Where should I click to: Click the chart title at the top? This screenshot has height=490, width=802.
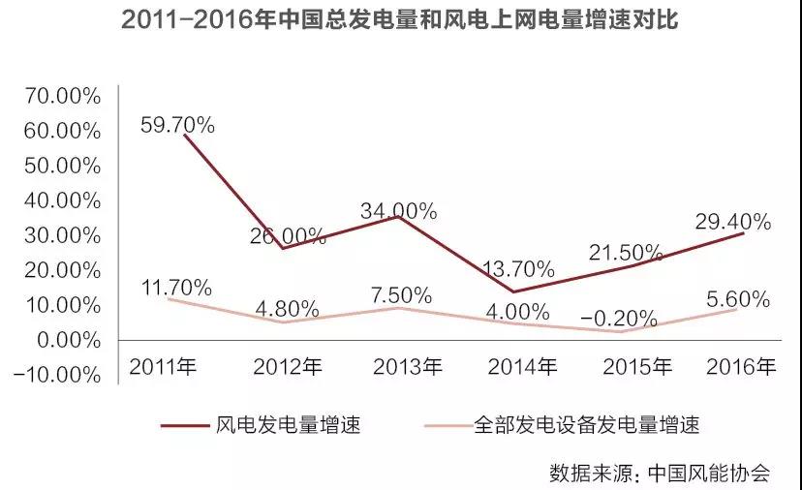click(400, 21)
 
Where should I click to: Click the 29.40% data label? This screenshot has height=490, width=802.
click(733, 222)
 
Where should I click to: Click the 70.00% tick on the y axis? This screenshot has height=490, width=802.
click(62, 96)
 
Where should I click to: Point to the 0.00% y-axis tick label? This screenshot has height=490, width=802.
click(67, 340)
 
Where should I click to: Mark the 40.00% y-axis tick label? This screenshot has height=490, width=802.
click(62, 200)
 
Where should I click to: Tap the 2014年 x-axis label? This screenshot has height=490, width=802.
click(522, 367)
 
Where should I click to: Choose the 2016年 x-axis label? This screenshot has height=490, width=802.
click(741, 367)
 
